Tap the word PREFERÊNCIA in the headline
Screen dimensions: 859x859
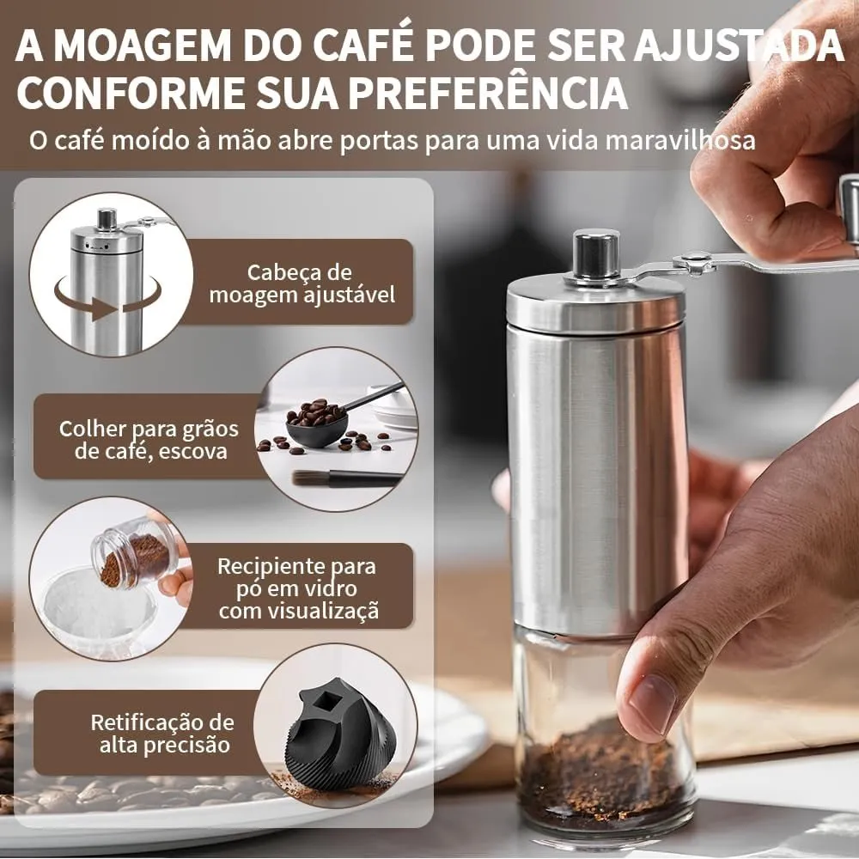point(489,93)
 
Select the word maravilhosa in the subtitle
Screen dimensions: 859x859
point(680,141)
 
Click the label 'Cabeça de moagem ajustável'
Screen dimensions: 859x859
point(302,283)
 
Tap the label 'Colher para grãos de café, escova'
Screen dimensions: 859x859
point(149,439)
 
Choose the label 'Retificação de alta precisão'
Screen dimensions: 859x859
point(162,733)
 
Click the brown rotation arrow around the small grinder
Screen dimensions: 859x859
point(108,301)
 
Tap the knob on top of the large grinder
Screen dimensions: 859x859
point(596,255)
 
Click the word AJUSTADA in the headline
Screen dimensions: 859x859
point(740,46)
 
